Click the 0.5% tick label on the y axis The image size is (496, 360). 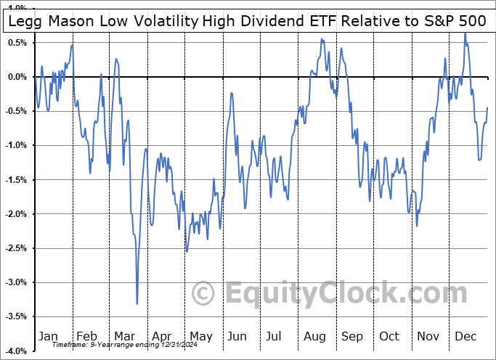click(16, 42)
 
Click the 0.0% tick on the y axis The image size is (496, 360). click(16, 76)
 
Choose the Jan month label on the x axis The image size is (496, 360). click(47, 336)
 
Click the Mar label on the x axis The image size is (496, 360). click(123, 336)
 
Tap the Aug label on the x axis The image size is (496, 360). click(314, 336)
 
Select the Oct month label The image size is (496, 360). click(390, 336)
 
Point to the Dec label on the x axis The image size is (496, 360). click(466, 336)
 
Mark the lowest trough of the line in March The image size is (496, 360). click(137, 303)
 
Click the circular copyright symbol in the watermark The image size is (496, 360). click(203, 293)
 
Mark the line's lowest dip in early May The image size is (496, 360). click(187, 252)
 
